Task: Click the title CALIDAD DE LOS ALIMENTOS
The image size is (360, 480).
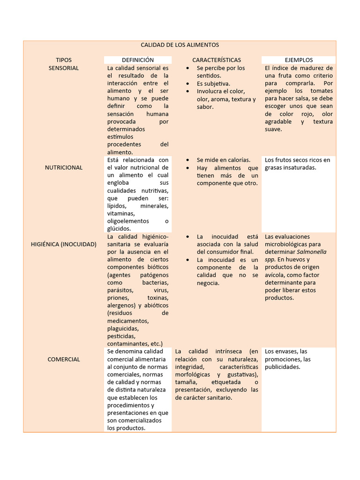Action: pos(180,45)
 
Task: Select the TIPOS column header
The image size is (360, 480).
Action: pos(64,60)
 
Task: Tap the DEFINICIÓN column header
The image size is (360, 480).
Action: pos(138,60)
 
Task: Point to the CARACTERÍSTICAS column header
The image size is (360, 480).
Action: pos(217,60)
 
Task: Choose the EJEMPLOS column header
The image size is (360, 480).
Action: pos(299,60)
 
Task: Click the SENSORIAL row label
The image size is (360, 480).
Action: pos(64,68)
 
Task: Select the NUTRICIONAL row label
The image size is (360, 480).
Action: pos(64,167)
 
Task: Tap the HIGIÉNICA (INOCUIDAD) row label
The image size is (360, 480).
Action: pos(64,244)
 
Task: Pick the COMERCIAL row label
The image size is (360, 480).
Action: pos(64,359)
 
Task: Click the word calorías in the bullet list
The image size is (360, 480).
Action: pos(239,160)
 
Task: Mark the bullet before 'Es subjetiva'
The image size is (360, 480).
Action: pos(187,83)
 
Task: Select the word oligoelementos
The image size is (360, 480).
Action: pos(128,221)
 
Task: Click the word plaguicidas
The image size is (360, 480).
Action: pos(123,329)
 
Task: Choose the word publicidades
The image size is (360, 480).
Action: pos(282,367)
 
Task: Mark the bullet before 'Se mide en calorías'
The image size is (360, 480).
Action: pos(187,160)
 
